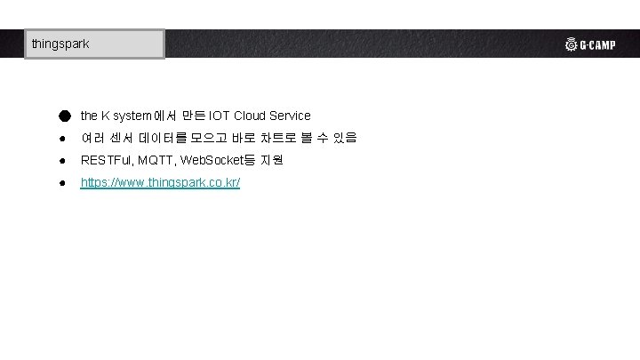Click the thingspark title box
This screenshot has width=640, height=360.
coord(94,44)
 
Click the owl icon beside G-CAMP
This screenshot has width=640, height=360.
coord(571,44)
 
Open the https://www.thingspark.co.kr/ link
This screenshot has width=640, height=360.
coord(160,183)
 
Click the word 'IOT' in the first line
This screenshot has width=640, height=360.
coord(220,116)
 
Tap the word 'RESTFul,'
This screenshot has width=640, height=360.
coord(106,161)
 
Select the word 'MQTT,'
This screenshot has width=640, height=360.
coord(156,161)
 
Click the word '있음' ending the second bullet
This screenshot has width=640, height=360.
coord(345,138)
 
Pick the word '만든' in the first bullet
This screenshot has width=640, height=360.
coord(193,116)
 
